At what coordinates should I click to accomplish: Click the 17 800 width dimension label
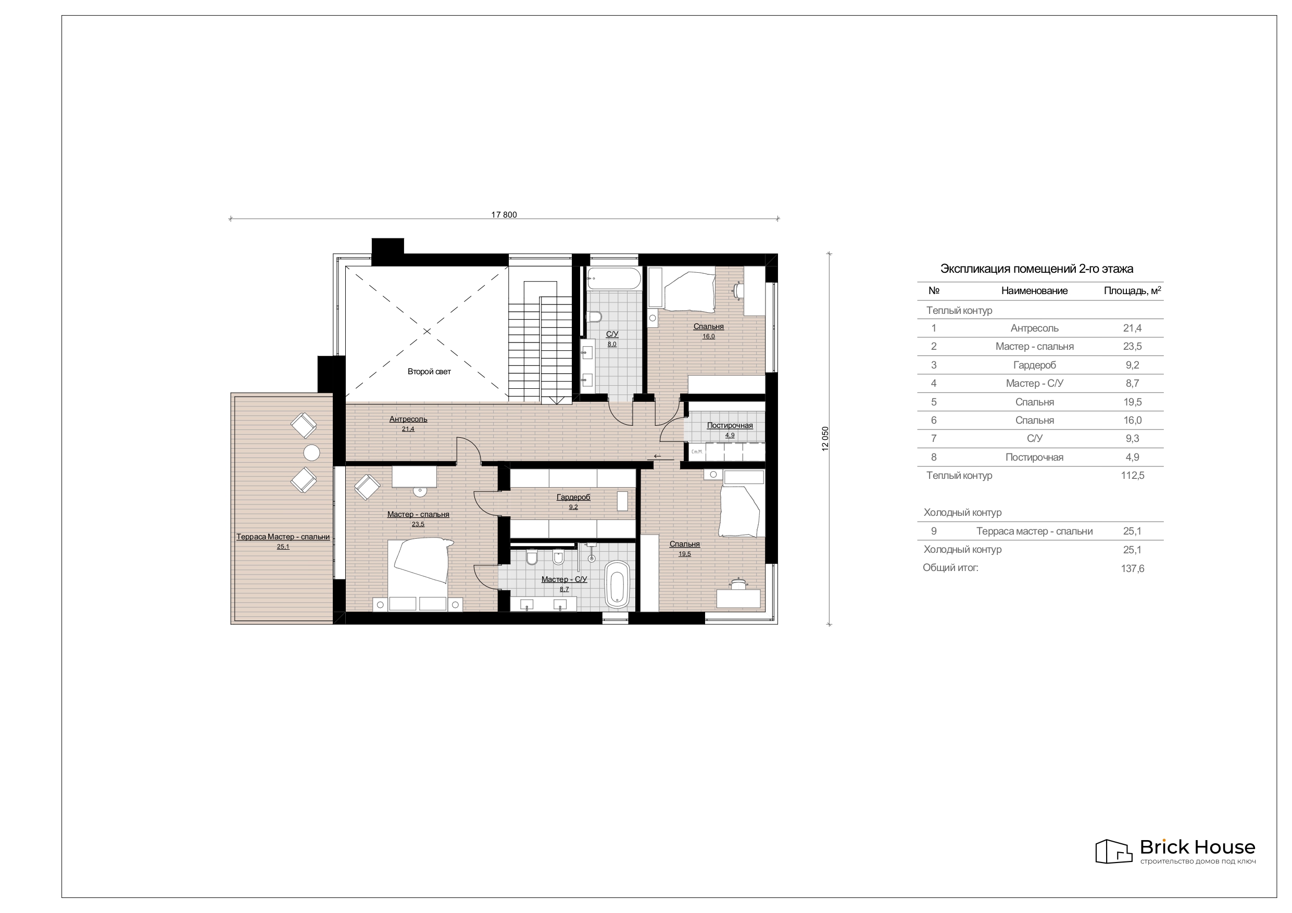[x=504, y=214]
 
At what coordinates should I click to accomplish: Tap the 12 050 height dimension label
[x=825, y=439]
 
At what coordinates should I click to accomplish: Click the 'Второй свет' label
[x=429, y=371]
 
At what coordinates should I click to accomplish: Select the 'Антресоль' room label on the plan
[x=408, y=419]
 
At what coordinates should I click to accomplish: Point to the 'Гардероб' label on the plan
[x=573, y=497]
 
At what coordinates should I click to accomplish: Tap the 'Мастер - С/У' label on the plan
[x=564, y=579]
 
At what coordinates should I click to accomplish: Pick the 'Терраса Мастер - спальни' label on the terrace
[x=283, y=537]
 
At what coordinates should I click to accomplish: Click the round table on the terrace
[x=312, y=452]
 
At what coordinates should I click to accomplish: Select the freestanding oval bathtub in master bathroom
[x=617, y=585]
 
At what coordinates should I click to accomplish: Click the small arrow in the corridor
[x=657, y=456]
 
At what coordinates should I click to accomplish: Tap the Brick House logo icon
[x=1113, y=851]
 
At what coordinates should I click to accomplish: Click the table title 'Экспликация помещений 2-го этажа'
[x=1036, y=269]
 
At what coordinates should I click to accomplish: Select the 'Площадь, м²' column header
[x=1132, y=290]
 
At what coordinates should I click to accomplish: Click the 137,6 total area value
[x=1132, y=568]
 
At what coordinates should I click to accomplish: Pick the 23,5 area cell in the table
[x=1132, y=347]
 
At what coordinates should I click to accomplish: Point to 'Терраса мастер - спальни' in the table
[x=1034, y=531]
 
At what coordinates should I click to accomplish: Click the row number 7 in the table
[x=934, y=438]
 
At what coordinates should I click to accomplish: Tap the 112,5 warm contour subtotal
[x=1132, y=475]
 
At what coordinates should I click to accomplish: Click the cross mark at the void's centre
[x=427, y=332]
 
